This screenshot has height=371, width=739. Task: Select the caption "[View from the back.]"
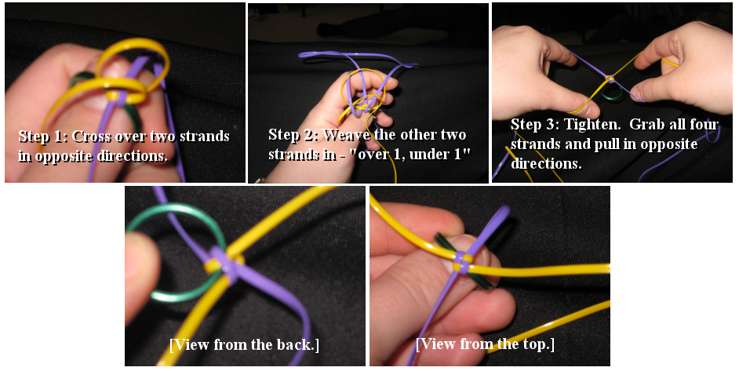pos(245,344)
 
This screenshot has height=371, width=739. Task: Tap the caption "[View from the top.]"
pos(485,344)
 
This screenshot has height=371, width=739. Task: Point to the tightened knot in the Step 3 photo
pos(610,78)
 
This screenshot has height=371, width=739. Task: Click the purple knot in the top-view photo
pos(462,263)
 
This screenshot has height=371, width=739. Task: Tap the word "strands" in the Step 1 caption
pos(205,136)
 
